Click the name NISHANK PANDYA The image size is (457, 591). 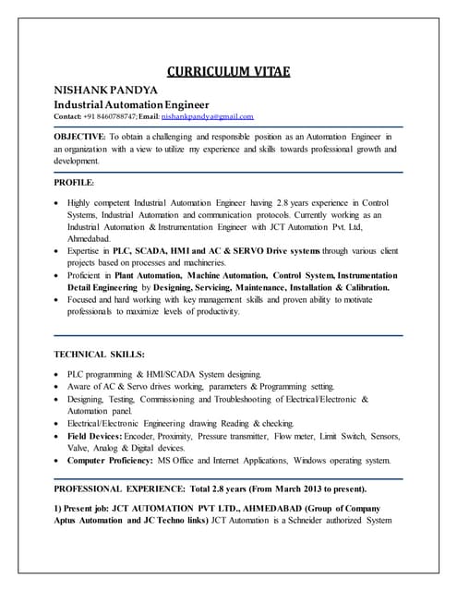(104, 90)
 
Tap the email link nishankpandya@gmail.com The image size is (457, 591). (207, 117)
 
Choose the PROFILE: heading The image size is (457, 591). (74, 183)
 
